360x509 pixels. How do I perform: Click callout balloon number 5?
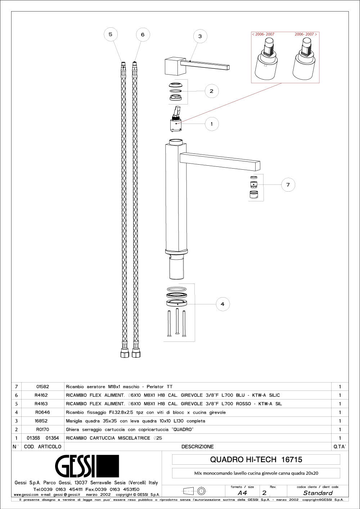[x=111, y=35]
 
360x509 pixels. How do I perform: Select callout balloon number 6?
[x=143, y=35]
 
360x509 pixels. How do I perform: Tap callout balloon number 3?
[x=200, y=36]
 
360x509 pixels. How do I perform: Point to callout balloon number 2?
[x=211, y=91]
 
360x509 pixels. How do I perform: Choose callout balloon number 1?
[x=211, y=124]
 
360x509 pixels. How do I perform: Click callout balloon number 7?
[x=288, y=185]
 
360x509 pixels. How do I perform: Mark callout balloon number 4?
[x=222, y=304]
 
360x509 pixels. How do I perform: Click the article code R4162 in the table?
[x=41, y=395]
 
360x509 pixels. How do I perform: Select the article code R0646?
[x=42, y=412]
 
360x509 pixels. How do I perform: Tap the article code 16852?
[x=41, y=421]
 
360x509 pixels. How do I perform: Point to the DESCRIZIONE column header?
[x=197, y=447]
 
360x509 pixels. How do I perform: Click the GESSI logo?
[x=87, y=466]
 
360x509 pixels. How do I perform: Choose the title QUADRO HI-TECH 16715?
[x=256, y=460]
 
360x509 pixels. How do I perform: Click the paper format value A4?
[x=242, y=493]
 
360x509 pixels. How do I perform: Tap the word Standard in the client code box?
[x=318, y=493]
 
